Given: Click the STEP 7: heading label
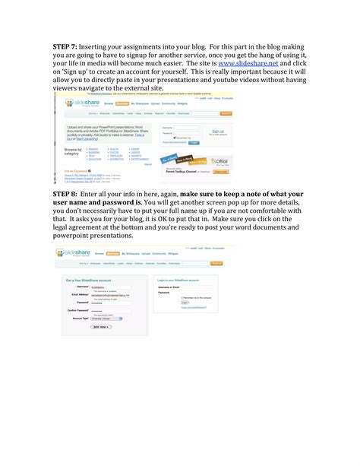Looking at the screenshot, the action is click(x=65, y=46).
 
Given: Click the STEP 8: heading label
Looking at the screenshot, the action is click(x=65, y=195).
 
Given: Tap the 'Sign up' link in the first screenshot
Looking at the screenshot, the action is click(x=217, y=131).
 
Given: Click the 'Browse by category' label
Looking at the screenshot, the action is click(x=73, y=152).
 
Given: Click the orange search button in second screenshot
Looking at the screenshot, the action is click(x=216, y=263).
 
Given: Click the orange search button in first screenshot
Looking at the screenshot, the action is click(x=226, y=113).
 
